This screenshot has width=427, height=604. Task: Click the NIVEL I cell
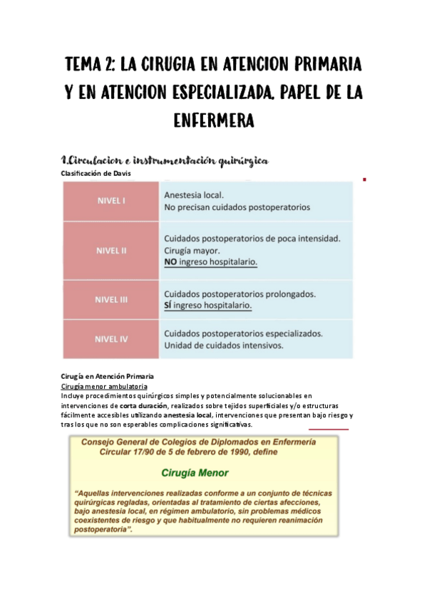pos(111,200)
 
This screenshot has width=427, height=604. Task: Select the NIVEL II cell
pos(111,250)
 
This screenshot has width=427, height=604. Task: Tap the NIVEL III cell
pos(111,300)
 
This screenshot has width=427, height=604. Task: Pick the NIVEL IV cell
pos(111,339)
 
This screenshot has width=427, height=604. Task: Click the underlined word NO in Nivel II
pos(170,262)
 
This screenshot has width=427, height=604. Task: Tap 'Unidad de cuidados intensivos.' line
pos(224,345)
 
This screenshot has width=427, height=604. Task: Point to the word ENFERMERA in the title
pos(214,121)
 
